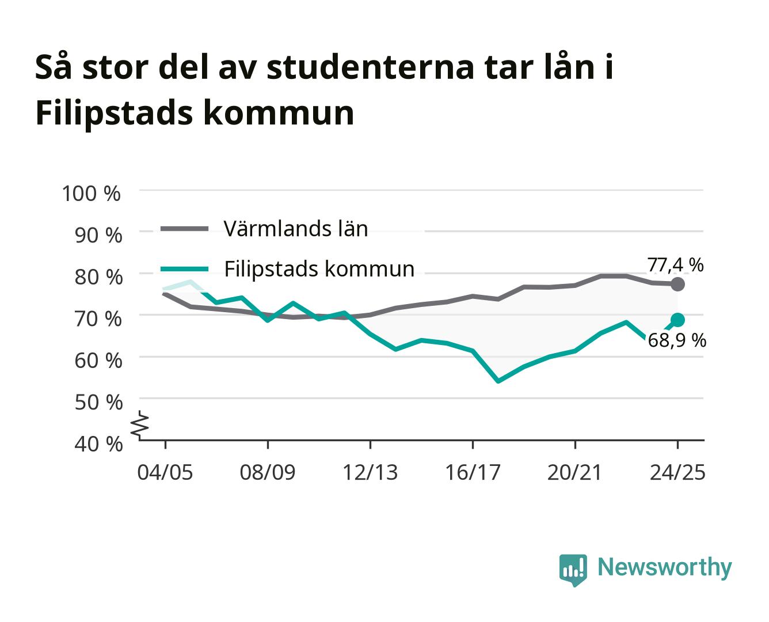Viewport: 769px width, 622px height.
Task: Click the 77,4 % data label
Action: [x=675, y=266]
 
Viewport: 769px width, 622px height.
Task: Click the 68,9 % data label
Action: [x=676, y=340]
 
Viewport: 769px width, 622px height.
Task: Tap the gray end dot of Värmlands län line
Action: [x=677, y=285]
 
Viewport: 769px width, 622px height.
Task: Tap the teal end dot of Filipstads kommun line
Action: [x=677, y=320]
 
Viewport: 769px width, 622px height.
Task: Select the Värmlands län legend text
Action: [x=296, y=229]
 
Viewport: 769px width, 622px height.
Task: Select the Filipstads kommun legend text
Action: [x=319, y=269]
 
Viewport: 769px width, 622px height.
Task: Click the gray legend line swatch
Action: [x=185, y=229]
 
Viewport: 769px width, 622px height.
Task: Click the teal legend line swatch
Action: [x=185, y=269]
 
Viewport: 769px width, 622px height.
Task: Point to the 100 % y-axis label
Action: [x=91, y=194]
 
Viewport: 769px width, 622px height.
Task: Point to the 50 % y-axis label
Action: [x=98, y=403]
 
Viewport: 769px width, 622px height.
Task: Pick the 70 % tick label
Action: [x=98, y=319]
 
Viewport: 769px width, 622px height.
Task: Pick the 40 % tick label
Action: [x=98, y=444]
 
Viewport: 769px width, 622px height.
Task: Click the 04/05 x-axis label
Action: [x=165, y=472]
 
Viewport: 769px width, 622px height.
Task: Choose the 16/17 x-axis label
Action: [x=473, y=472]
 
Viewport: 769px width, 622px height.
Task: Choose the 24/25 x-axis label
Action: [x=677, y=472]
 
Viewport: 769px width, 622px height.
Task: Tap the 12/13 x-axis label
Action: [x=370, y=472]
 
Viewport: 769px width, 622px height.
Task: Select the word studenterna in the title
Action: [x=370, y=67]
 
